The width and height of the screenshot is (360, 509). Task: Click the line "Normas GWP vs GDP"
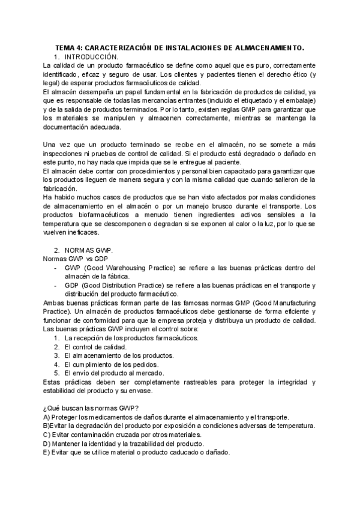click(x=73, y=259)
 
